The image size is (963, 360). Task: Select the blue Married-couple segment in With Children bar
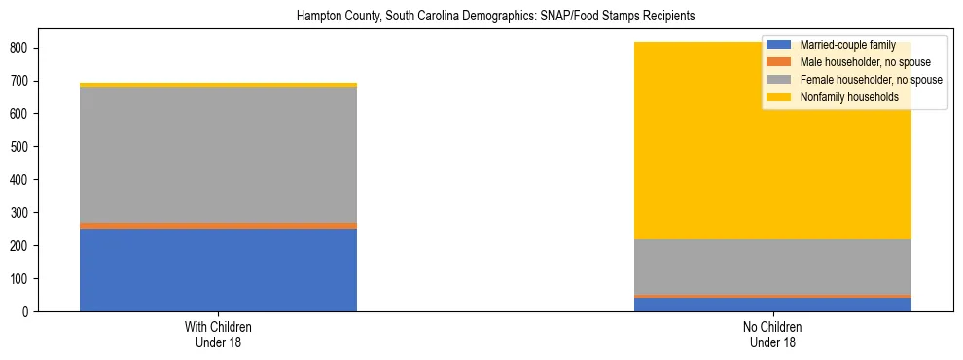[218, 270]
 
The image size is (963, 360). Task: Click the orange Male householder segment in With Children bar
[218, 225]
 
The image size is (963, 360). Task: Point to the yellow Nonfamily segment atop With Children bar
[218, 85]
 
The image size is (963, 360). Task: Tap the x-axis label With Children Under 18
[218, 335]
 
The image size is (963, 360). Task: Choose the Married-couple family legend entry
[846, 45]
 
